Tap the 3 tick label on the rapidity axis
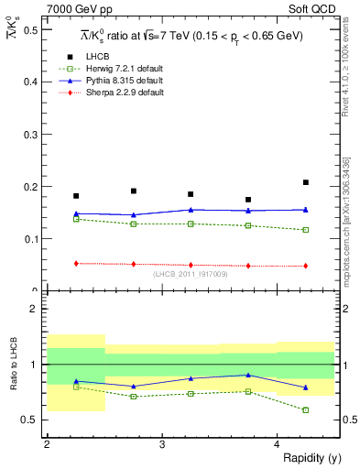pyautogui.click(x=162, y=444)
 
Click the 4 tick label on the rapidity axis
pyautogui.click(x=278, y=444)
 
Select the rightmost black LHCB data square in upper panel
pyautogui.click(x=306, y=182)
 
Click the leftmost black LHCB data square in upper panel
pyautogui.click(x=76, y=196)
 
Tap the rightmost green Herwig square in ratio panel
pyautogui.click(x=306, y=410)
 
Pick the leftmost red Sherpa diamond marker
pyautogui.click(x=76, y=263)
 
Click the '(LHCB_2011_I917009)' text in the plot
pyautogui.click(x=191, y=274)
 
